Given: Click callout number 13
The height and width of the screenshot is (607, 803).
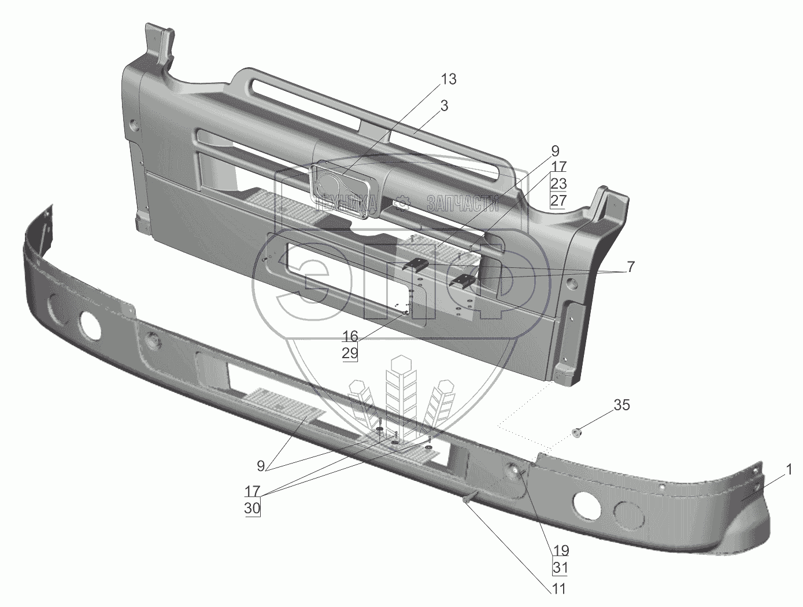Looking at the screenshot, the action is (x=449, y=79).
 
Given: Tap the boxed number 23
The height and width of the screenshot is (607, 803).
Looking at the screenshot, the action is (x=558, y=184).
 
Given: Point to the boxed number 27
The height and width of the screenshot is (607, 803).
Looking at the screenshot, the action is (x=558, y=200).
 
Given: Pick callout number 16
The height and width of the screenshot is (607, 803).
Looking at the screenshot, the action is (x=350, y=337).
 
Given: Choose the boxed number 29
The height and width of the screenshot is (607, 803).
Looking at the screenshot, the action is (x=350, y=353).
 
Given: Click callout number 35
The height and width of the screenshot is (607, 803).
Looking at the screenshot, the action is (x=621, y=405).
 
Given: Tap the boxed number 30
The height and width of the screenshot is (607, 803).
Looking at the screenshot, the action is (x=252, y=508).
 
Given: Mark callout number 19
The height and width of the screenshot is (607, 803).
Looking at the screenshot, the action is (x=560, y=550).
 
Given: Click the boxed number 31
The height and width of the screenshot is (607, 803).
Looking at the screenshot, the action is (x=560, y=568).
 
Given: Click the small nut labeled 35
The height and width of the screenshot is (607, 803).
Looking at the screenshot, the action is (x=576, y=432).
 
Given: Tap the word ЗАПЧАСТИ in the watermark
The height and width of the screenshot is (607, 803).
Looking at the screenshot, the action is (x=462, y=203).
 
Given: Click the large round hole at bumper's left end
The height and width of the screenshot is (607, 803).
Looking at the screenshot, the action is (x=90, y=325).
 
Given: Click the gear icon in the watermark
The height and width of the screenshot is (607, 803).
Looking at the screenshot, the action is (x=402, y=203).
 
